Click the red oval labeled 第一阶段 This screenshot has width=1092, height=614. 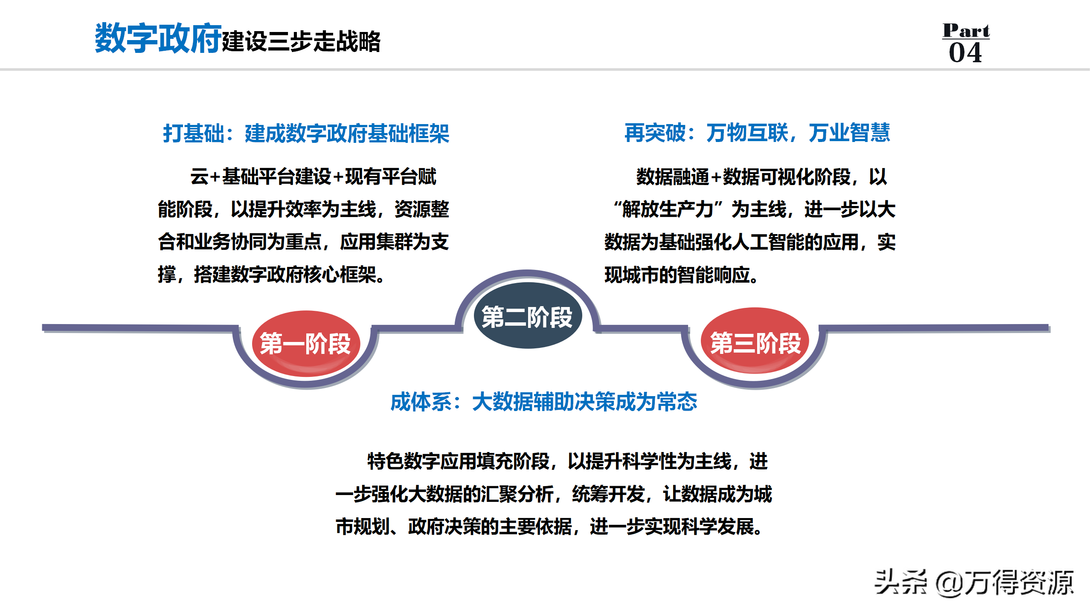(306, 343)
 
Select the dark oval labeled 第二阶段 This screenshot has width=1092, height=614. (528, 316)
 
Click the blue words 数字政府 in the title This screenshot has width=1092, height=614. (158, 38)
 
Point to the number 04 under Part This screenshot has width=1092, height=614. (965, 53)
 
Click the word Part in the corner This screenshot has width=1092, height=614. (966, 30)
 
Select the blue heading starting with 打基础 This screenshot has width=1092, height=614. (306, 133)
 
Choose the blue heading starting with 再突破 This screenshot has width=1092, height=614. (757, 132)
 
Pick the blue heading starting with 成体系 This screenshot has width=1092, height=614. (544, 402)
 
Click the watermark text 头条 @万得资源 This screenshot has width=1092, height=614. (974, 582)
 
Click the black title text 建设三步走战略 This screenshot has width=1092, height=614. (301, 42)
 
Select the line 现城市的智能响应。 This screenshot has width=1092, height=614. (681, 275)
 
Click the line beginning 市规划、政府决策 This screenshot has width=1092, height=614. (549, 527)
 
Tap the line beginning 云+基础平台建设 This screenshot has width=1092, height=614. (314, 177)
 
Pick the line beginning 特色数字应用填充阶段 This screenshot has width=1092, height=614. (567, 461)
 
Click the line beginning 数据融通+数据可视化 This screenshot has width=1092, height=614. (762, 177)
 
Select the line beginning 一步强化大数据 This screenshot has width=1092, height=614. (554, 494)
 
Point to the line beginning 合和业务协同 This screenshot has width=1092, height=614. (303, 242)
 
